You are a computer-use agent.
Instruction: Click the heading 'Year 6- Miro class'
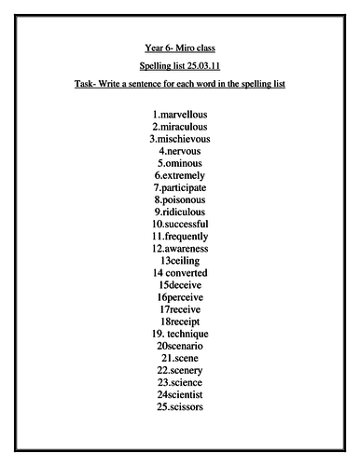[180, 46]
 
